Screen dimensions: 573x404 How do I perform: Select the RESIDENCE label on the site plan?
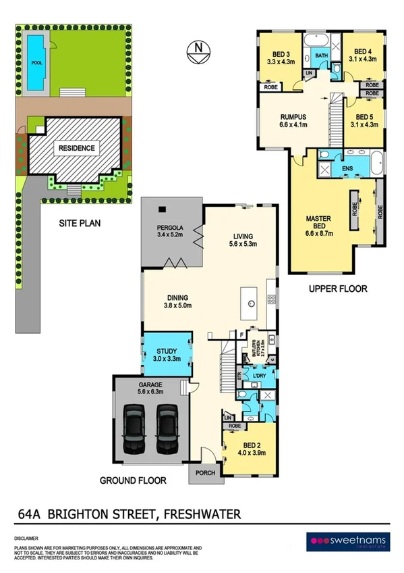tap(76, 148)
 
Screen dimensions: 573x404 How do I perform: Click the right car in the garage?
tap(167, 430)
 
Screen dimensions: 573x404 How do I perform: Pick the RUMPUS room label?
tap(293, 116)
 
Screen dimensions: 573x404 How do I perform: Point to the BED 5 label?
tap(363, 116)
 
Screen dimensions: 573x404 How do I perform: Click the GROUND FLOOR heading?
tap(133, 481)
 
